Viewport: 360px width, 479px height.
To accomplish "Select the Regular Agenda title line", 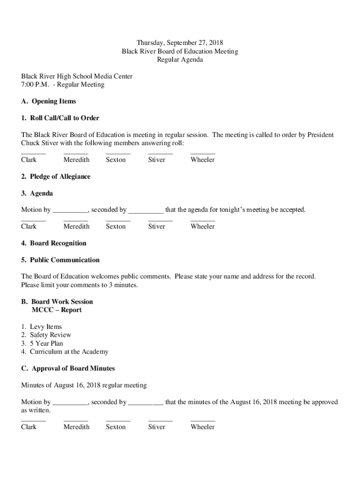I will click(x=180, y=60).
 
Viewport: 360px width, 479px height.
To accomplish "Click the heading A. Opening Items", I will click(x=48, y=102).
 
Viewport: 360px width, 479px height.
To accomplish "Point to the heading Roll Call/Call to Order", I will click(x=64, y=118).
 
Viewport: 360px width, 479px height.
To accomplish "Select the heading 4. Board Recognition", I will click(x=54, y=243).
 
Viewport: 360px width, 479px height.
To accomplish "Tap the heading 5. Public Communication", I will click(x=60, y=260).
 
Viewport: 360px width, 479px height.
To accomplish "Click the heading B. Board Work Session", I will click(x=57, y=302).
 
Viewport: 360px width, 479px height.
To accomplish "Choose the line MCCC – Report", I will click(x=57, y=310).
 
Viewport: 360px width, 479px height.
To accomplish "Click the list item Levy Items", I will click(x=46, y=327).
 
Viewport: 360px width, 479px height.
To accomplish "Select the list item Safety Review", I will click(x=50, y=335).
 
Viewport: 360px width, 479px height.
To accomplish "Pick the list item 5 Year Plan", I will click(x=46, y=343).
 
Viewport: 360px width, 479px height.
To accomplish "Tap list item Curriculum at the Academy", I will click(x=69, y=352).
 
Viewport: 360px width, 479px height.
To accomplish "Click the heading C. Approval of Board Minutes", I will click(x=68, y=369).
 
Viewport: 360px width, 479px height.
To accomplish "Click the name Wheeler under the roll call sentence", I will click(x=202, y=160).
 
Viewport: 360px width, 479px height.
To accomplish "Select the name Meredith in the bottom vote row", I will click(x=76, y=427).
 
